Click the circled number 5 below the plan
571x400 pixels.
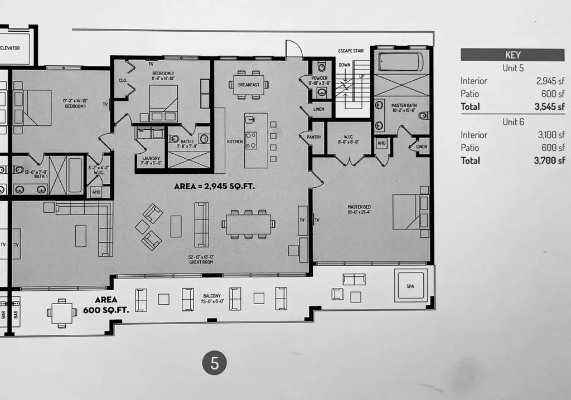[215, 363]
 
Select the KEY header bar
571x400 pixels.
[512, 55]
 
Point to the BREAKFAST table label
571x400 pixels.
[248, 85]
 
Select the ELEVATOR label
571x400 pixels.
[10, 48]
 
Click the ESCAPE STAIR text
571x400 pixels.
[351, 51]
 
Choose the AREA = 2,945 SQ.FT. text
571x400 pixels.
[215, 187]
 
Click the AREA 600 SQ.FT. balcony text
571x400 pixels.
[106, 305]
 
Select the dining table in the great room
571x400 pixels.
[248, 225]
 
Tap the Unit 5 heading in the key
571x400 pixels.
[512, 68]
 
